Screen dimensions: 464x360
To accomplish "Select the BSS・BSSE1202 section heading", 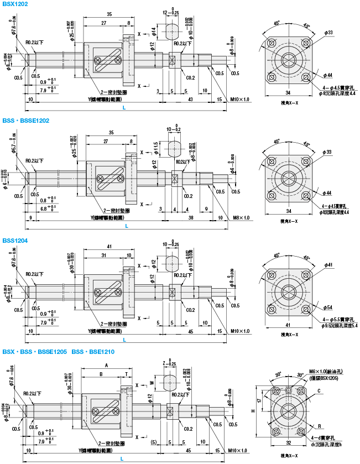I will click(26, 120).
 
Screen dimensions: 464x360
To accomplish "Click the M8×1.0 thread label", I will click(242, 217).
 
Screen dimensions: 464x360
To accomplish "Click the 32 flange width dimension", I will click(289, 444).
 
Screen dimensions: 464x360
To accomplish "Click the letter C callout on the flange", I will click(319, 391).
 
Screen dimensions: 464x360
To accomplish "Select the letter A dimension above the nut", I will click(106, 366).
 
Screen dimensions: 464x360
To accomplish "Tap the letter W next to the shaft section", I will click(152, 382).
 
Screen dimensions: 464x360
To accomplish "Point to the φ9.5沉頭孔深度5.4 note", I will click(340, 326).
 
